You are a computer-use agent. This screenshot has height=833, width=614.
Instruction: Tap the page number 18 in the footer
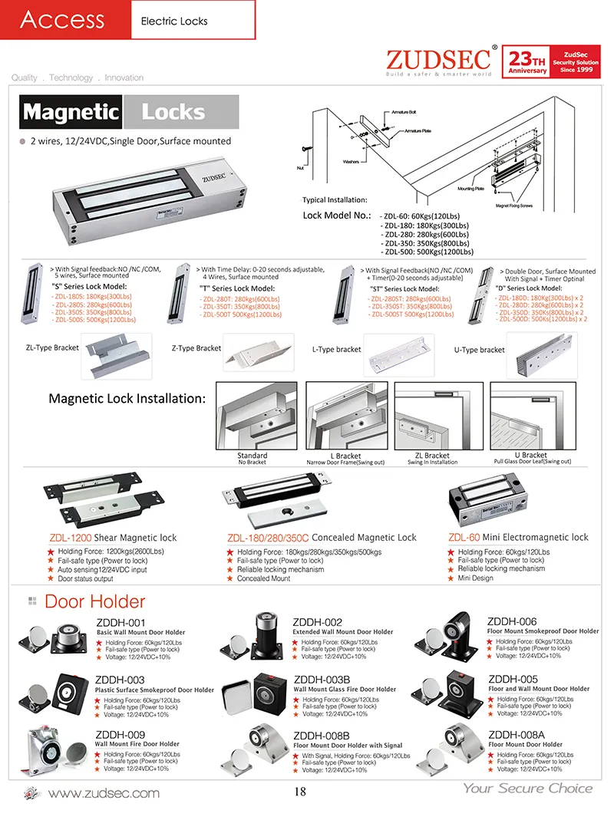(301, 792)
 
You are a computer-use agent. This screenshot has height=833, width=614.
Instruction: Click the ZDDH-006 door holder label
(512, 621)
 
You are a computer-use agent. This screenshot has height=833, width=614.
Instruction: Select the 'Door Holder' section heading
(94, 601)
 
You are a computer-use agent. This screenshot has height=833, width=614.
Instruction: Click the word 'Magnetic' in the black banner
(71, 113)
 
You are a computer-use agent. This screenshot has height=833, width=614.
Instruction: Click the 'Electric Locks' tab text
(174, 21)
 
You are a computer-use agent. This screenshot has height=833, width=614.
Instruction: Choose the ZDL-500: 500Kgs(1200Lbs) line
(427, 252)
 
